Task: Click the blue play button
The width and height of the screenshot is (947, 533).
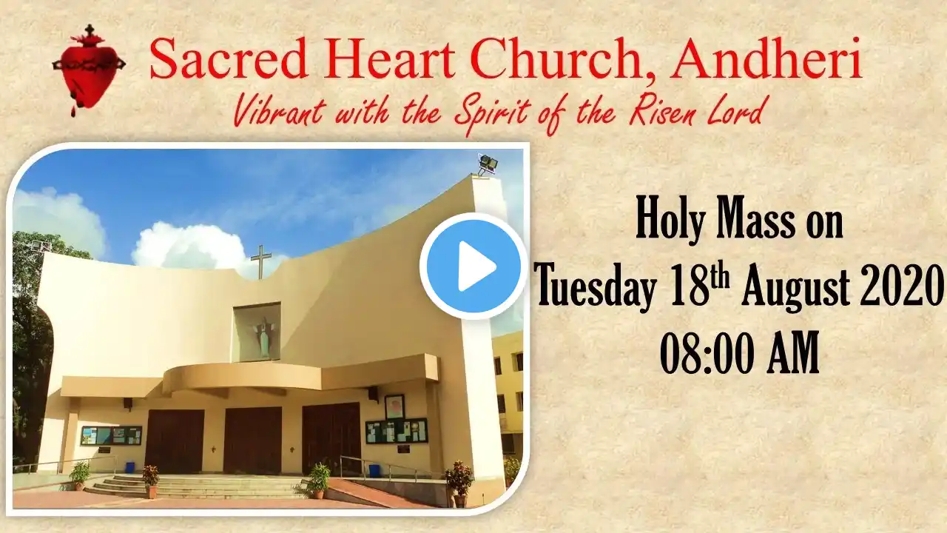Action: coord(473,266)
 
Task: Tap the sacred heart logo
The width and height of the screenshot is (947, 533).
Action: coord(89,70)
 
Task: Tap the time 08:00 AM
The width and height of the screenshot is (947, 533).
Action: coord(739,352)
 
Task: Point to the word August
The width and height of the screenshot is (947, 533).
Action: coord(795,288)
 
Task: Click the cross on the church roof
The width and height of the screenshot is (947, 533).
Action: coord(261,262)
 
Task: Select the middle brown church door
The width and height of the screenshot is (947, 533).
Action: coord(252,440)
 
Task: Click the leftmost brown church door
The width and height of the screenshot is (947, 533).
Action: coord(174,442)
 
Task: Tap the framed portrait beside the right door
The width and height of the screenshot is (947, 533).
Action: coord(394,407)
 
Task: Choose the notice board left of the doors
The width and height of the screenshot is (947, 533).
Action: coord(111,435)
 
